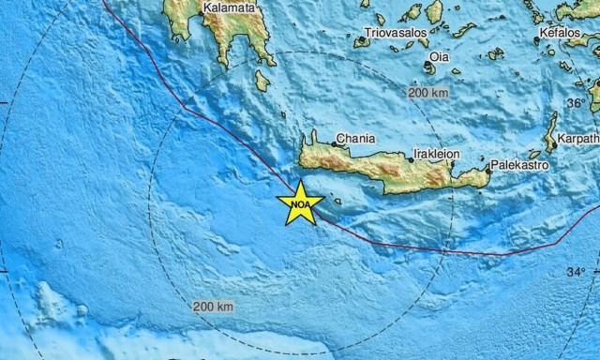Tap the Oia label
(x=439, y=57)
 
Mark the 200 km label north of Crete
(x=427, y=93)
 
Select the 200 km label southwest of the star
(x=213, y=307)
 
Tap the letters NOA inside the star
(x=301, y=202)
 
